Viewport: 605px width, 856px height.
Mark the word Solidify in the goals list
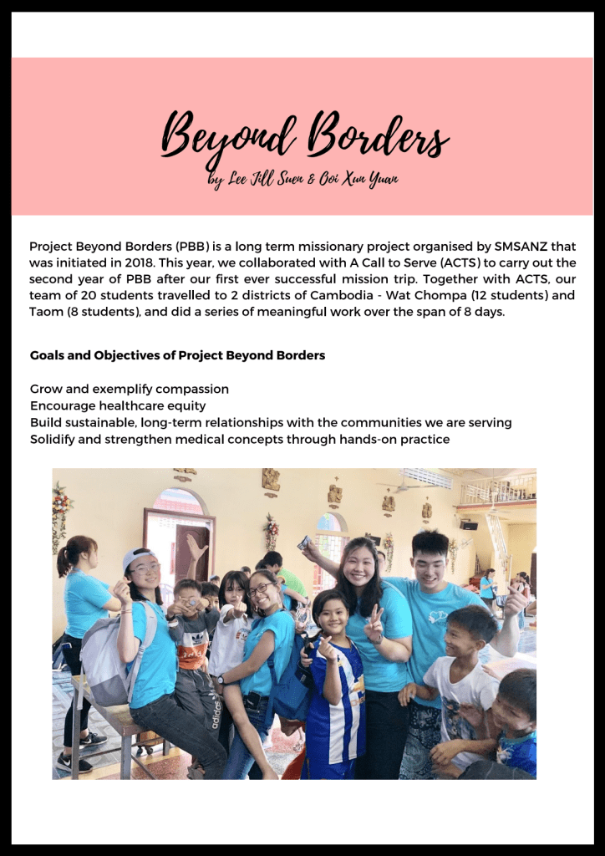(x=54, y=439)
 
